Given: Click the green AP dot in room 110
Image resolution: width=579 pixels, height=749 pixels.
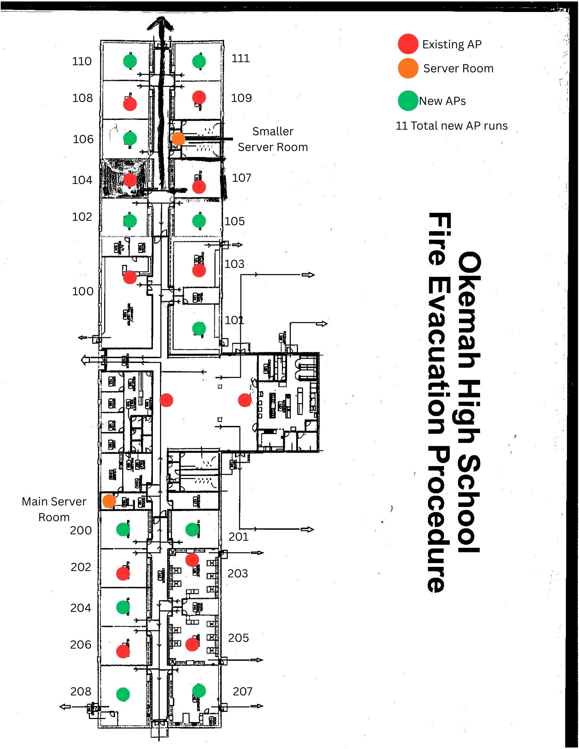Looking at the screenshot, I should [x=130, y=61].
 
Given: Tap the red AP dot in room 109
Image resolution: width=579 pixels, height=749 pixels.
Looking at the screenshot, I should [x=199, y=97].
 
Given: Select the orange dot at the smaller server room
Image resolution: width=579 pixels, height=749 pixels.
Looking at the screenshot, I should [x=178, y=139].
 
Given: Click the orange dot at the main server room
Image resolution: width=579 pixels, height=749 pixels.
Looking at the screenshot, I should [x=109, y=501].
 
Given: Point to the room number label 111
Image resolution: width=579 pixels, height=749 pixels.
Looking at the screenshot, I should [x=240, y=58].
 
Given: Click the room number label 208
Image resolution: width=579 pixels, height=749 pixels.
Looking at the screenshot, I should [x=81, y=691].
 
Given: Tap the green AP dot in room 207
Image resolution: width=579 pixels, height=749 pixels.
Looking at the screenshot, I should [x=199, y=691].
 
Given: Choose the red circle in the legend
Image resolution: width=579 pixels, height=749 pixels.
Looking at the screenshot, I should [x=408, y=44].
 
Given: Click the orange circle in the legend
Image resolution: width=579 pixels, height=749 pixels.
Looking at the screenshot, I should [x=408, y=68].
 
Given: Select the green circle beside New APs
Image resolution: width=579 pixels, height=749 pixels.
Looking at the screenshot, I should [x=408, y=101].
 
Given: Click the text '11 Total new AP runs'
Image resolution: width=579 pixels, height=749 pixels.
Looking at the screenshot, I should [x=452, y=126].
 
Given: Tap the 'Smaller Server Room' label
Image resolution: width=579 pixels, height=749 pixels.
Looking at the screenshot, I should [x=273, y=139].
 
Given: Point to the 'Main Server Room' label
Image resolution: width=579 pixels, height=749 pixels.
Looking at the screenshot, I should [x=54, y=509].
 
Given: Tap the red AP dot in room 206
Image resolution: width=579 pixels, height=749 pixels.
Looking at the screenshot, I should [x=123, y=651].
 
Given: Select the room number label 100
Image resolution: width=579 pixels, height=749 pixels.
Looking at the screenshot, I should [x=82, y=292].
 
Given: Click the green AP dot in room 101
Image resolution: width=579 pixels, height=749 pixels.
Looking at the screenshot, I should [x=199, y=329].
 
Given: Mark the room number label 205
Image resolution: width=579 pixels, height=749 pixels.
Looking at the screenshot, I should [x=238, y=638].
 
